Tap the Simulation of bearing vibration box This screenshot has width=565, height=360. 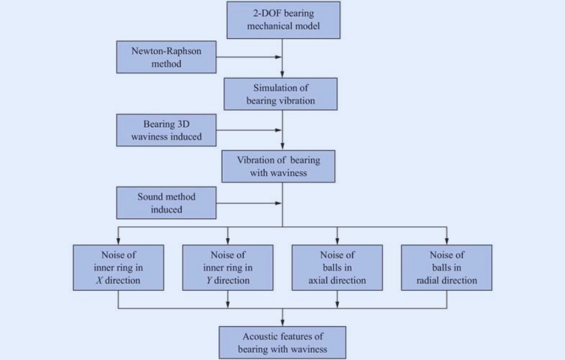[281, 94]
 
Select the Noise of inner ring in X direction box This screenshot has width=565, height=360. [118, 267]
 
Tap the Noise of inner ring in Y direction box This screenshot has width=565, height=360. [227, 267]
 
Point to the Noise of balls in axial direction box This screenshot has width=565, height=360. [336, 267]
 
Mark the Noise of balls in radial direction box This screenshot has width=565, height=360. [446, 267]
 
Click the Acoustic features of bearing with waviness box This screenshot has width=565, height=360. [282, 342]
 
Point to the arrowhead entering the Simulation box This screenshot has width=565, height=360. [282, 74]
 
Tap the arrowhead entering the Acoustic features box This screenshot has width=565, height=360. [282, 322]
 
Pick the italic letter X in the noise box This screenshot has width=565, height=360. [98, 280]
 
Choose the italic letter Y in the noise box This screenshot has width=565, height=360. [208, 280]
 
